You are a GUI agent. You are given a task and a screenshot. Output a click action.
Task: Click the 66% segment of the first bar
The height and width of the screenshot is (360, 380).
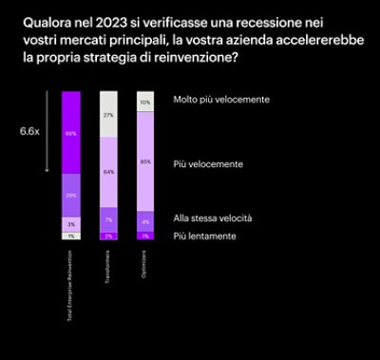pos(70,134)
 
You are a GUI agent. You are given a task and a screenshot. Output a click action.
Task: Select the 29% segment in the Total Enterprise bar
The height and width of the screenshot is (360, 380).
pos(70,195)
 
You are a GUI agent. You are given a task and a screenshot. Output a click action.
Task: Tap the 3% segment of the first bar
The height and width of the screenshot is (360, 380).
pos(70,224)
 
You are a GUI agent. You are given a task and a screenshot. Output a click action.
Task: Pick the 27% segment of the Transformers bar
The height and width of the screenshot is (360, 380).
pos(108,114)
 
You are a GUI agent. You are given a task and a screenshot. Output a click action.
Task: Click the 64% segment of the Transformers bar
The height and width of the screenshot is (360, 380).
pos(108,172)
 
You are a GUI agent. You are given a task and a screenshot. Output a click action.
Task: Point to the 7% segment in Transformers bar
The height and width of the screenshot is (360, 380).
pos(108,218)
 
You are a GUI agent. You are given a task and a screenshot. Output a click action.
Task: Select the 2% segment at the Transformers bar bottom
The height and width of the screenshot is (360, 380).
pos(108,236)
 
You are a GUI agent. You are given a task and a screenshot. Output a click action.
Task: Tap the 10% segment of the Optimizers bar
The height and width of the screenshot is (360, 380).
pos(145,102)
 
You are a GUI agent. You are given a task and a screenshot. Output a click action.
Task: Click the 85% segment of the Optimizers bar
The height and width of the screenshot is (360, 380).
pos(145,161)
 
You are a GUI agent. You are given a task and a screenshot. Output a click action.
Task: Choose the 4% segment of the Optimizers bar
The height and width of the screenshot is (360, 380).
pos(145,222)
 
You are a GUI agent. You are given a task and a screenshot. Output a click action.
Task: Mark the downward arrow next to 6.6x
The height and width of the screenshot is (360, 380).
pos(47,134)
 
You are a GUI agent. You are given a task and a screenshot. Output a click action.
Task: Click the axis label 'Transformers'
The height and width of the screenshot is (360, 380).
pos(108,265)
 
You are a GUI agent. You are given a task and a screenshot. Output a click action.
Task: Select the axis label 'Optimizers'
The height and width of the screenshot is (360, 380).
pos(145,262)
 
